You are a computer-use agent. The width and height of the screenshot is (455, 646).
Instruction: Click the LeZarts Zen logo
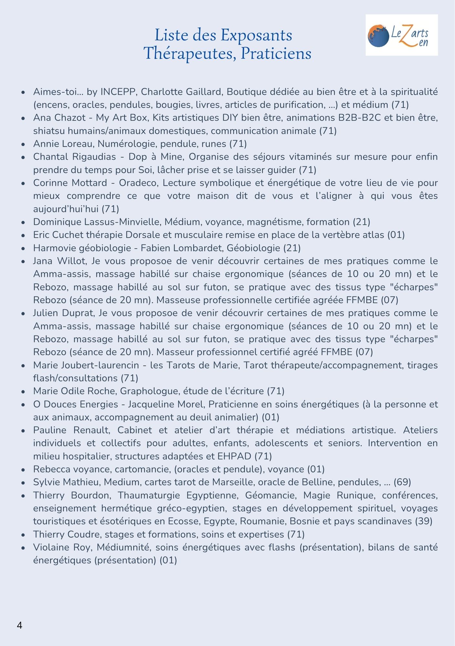[x=401, y=35]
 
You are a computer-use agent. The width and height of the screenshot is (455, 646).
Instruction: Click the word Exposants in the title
[x=256, y=35]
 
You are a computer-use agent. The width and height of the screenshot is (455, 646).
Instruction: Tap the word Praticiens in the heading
[x=276, y=54]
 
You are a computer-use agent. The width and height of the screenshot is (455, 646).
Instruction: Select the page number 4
[x=19, y=625]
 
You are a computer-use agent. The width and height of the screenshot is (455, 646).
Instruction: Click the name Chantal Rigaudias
[x=75, y=157]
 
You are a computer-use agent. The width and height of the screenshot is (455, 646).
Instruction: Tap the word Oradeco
[x=138, y=183]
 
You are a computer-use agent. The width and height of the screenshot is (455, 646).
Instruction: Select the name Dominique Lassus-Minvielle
[x=97, y=222]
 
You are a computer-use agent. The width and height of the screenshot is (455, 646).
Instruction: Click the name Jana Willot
[x=59, y=261]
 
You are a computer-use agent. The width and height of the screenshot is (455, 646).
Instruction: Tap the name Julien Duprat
[x=63, y=313]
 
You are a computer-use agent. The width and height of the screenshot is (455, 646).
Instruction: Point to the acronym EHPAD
[x=234, y=456]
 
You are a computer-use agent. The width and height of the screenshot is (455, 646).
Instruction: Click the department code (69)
[x=402, y=482]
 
